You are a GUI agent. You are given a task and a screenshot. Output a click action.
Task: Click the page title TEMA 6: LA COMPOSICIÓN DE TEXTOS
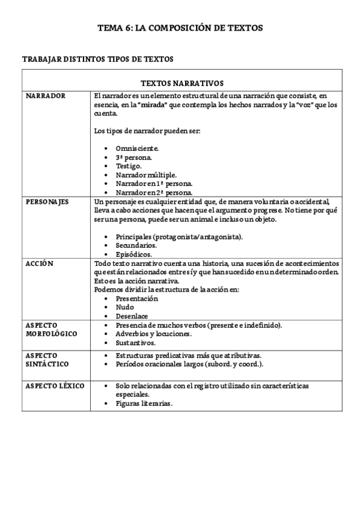(180, 28)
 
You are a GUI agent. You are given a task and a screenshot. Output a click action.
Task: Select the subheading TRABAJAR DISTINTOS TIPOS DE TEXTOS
(98, 59)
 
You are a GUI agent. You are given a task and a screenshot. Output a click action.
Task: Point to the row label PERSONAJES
(47, 202)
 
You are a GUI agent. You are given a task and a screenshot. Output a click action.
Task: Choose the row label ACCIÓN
(40, 264)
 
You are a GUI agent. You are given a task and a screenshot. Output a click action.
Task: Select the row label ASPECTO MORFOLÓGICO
(49, 329)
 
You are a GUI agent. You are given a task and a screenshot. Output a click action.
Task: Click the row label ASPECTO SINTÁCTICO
(47, 360)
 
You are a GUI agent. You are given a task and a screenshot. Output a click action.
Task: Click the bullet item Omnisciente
(138, 148)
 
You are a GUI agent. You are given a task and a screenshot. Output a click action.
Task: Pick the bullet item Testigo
(129, 165)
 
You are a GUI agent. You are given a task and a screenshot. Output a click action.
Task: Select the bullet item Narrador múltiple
(146, 174)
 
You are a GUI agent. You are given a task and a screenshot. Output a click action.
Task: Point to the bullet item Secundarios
(136, 245)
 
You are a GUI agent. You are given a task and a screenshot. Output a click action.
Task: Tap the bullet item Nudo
(125, 307)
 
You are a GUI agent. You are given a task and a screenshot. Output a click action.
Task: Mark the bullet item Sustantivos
(136, 343)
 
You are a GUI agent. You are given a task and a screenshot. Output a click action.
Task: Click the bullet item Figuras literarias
(144, 404)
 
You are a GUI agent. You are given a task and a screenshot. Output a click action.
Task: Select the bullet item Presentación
(136, 298)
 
